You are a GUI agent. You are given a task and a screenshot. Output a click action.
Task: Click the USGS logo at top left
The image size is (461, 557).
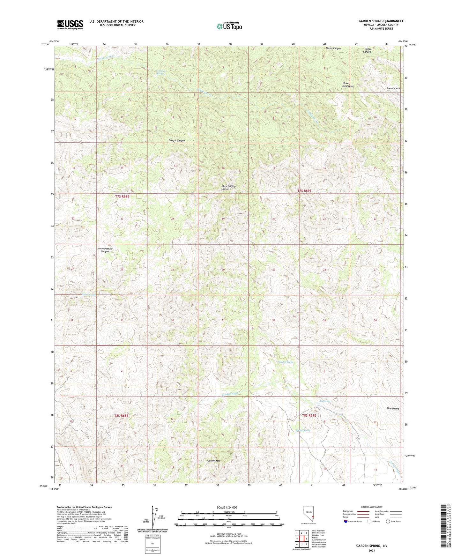pos(70,25)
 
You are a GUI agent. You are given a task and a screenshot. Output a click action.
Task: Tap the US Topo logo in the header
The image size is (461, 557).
pos(229,26)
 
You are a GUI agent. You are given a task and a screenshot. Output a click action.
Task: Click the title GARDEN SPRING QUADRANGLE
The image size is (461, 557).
pos(381,21)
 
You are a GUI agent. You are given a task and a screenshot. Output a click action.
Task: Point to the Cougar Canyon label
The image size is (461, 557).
pos(176,141)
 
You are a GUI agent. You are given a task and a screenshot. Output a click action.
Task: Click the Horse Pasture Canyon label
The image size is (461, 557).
pos(105,250)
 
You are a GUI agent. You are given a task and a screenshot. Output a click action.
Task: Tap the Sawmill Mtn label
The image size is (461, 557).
pos(393,88)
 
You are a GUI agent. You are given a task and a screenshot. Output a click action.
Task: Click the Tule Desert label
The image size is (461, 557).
pos(393,408)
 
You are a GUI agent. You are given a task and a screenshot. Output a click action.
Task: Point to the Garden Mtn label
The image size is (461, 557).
pos(213,461)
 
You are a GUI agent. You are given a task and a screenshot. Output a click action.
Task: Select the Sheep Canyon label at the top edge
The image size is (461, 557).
pos(333,48)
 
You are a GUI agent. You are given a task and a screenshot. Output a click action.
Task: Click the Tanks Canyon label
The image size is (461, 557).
pos(367,50)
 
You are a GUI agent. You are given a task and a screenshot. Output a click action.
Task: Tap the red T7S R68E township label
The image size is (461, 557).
pos(122,197)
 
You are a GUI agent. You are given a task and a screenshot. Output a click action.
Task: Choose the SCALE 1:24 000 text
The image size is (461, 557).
pos(227,508)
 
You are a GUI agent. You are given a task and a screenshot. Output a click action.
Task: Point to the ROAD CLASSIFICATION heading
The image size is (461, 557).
pos(372,507)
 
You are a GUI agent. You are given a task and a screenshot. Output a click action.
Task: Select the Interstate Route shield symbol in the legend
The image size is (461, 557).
pos(346,521)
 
